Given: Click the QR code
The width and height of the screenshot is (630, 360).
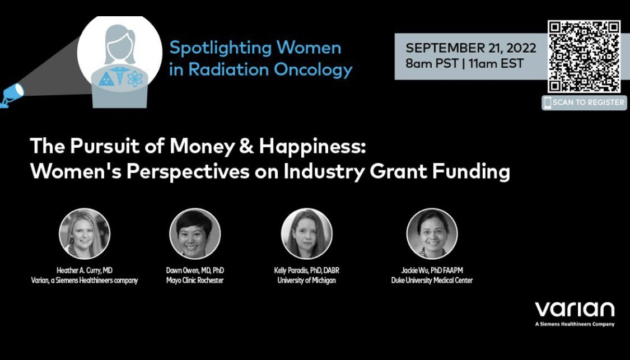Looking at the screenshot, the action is coord(584,56).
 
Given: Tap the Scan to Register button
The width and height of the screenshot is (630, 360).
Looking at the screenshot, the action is coord(584,102).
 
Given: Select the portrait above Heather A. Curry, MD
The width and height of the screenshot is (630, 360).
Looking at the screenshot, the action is coord(85,233).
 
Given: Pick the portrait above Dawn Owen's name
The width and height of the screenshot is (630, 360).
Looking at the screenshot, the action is coord(195,233).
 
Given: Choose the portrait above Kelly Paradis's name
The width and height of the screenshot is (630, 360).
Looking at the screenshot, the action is coord(306,233).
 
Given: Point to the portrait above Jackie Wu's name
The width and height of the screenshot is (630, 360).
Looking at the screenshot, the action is coord(432,233).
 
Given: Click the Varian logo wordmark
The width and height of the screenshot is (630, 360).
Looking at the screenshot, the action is coord(575,310).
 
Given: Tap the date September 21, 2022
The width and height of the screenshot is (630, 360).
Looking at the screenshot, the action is coord(471,48).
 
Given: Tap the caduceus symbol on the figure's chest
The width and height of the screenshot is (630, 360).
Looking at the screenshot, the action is coord(120,74).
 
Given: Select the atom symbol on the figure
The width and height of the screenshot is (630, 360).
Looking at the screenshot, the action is coord(135,79).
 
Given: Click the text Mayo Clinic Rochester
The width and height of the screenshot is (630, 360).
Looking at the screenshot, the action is coord(195,280).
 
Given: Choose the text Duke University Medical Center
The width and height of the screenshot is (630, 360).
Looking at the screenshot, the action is coord(432,280).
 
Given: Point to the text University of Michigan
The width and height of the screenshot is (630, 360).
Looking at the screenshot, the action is coord(306,280).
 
